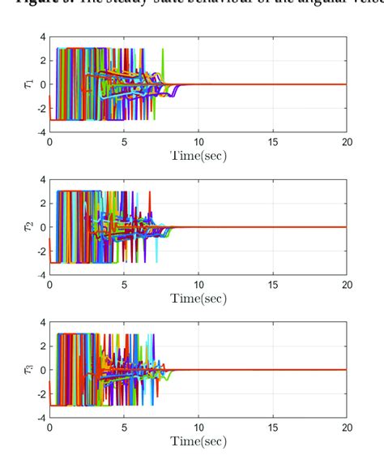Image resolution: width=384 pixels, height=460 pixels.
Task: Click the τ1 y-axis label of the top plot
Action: pos(30,84)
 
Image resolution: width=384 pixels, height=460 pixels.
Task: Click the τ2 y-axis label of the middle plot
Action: pos(30,226)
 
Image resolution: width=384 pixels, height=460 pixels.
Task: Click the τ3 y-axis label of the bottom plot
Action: pos(30,369)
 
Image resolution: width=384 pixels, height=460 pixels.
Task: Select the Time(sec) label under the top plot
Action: pos(198,156)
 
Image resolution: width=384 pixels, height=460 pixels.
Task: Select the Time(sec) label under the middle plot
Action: pos(198,299)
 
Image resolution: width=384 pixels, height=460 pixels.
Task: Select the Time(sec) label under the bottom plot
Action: pos(198,441)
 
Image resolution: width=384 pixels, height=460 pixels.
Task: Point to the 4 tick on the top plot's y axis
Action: pos(41,37)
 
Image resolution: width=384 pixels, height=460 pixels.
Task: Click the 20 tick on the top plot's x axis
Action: pos(347,141)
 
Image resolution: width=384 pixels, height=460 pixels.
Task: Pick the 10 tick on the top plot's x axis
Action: pos(198,141)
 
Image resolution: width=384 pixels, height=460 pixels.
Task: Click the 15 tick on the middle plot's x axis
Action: pos(272,284)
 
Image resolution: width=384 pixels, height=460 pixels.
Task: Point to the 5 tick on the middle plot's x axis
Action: pos(124,284)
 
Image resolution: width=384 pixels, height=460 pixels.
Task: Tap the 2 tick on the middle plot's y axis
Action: pos(41,204)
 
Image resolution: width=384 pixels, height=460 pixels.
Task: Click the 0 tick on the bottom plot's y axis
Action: pos(41,370)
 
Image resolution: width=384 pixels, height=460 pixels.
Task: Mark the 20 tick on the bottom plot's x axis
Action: pos(347,427)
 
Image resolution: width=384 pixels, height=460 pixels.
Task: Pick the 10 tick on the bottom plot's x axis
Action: pos(198,427)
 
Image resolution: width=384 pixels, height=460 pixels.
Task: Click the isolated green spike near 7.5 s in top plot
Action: pos(163,58)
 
